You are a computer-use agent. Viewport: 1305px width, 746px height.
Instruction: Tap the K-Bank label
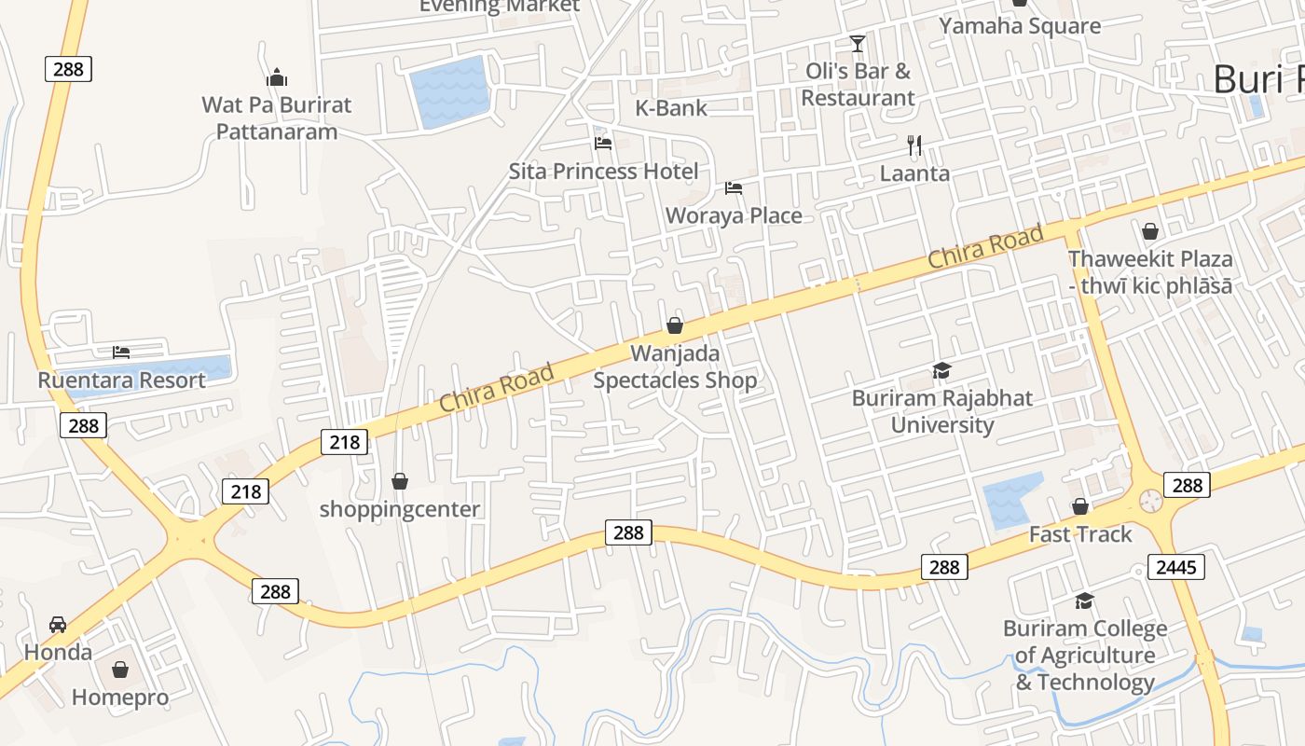coord(671,108)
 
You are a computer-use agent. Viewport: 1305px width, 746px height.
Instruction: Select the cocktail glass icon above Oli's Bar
coord(858,43)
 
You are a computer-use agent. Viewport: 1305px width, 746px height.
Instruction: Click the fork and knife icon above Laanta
coord(914,145)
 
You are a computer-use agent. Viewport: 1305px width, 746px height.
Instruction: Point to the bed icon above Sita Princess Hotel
coord(603,143)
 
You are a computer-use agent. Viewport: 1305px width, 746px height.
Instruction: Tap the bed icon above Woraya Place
coord(734,187)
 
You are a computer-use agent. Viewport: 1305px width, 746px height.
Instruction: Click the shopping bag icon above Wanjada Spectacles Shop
coord(675,325)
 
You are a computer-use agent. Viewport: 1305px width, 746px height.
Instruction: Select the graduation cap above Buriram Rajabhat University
coord(942,371)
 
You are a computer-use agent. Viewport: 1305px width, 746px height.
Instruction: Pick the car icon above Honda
coord(58,624)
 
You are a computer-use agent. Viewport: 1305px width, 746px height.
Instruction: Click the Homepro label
coord(120,698)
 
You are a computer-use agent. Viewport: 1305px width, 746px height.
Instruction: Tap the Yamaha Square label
coord(1020,26)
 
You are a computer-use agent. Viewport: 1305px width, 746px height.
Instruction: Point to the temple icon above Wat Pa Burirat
coord(276,77)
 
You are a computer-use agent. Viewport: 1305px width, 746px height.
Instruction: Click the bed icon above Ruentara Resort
coord(121,352)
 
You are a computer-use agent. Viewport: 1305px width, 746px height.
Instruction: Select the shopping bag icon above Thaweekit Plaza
coord(1150,231)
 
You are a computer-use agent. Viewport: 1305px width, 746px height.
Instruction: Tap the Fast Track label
coord(1080,534)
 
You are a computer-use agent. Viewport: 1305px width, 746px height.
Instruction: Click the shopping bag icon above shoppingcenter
coord(400,481)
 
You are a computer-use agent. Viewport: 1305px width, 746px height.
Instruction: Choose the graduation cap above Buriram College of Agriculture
coord(1084,601)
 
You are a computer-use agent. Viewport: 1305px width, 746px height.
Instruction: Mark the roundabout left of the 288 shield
coord(1151,502)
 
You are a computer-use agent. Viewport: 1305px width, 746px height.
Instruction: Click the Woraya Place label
coord(734,215)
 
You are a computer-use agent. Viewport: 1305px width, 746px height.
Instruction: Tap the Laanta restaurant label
coord(914,173)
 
